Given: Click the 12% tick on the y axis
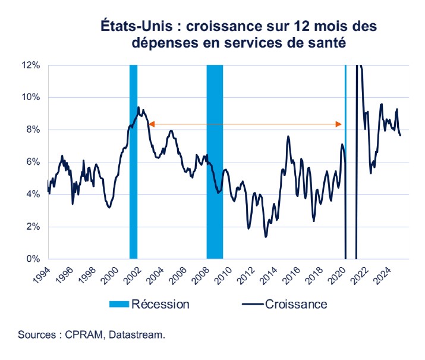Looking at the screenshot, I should coord(32,64).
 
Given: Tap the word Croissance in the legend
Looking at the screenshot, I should coord(296,305).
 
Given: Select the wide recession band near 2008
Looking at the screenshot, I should coord(215,161).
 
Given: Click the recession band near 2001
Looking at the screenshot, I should coord(133,161).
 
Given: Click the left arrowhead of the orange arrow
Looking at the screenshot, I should coord(152,124).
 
